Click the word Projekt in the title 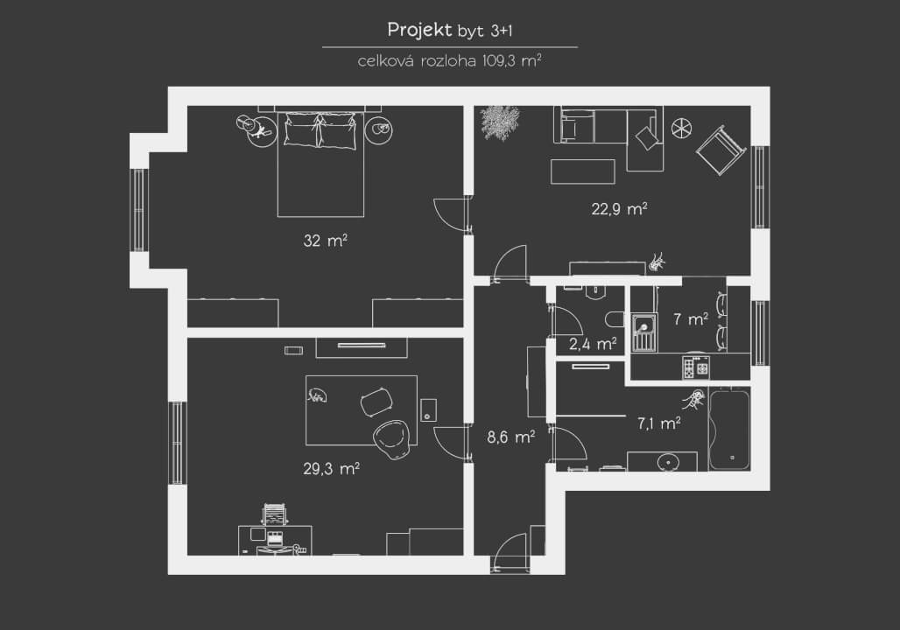click(419, 31)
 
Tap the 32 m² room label click(325, 240)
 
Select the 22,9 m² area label click(619, 208)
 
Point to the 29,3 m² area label click(331, 469)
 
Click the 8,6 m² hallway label click(510, 437)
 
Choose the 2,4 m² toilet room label click(593, 344)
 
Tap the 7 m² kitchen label click(691, 318)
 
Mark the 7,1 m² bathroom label click(659, 423)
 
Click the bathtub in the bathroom click(729, 429)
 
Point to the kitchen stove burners click(696, 367)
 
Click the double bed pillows click(320, 130)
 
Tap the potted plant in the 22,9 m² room click(499, 122)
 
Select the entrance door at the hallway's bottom click(510, 552)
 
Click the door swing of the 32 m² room click(451, 213)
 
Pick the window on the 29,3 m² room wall click(178, 443)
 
